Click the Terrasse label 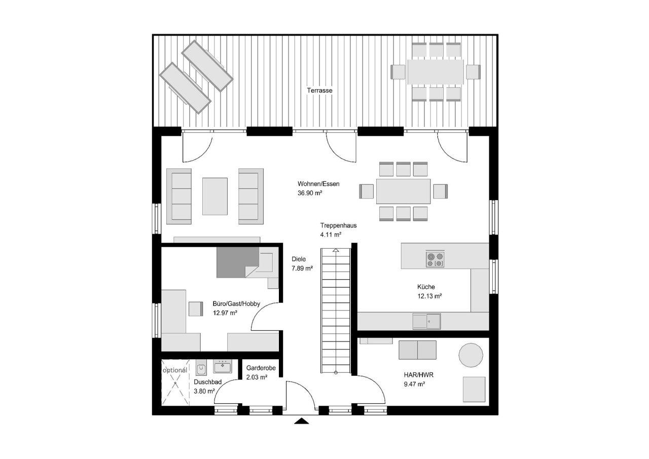(x=319, y=91)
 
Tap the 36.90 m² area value (x=310, y=193)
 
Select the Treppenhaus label (x=338, y=225)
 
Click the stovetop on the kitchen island (x=435, y=259)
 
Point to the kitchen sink (x=427, y=321)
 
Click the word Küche (x=426, y=287)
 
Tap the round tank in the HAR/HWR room (x=471, y=355)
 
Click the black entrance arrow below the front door (x=302, y=421)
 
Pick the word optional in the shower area (x=175, y=370)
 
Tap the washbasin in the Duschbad (x=223, y=366)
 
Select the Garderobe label (x=261, y=368)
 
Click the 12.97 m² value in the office (x=225, y=313)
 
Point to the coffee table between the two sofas (x=214, y=196)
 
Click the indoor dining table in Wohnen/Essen (x=403, y=192)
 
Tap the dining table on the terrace (x=436, y=72)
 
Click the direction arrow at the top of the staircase (x=336, y=251)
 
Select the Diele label (x=299, y=259)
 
